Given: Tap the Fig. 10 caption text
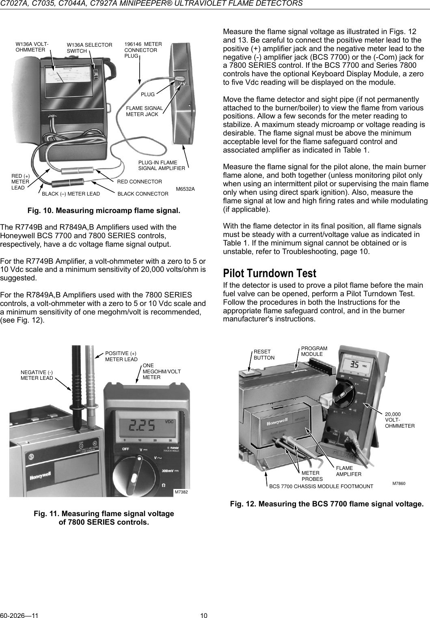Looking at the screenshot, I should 104,211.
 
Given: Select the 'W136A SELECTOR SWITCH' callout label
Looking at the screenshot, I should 89,48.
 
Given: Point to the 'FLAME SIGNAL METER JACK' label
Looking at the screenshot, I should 145,111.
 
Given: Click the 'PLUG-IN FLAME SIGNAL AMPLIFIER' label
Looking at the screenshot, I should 162,165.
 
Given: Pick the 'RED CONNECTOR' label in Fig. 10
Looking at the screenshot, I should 139,181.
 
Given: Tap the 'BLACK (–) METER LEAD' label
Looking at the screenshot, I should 71,194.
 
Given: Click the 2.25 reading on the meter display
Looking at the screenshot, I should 142,426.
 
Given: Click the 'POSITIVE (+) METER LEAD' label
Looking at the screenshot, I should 121,356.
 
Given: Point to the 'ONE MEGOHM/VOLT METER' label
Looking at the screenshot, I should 162,372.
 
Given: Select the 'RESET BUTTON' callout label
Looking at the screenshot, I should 264,355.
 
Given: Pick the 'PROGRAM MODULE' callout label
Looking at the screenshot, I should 314,351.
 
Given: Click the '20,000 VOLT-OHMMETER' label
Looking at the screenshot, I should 400,420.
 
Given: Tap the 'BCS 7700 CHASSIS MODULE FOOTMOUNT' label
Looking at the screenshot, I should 321,486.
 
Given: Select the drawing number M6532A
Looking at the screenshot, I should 185,189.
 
